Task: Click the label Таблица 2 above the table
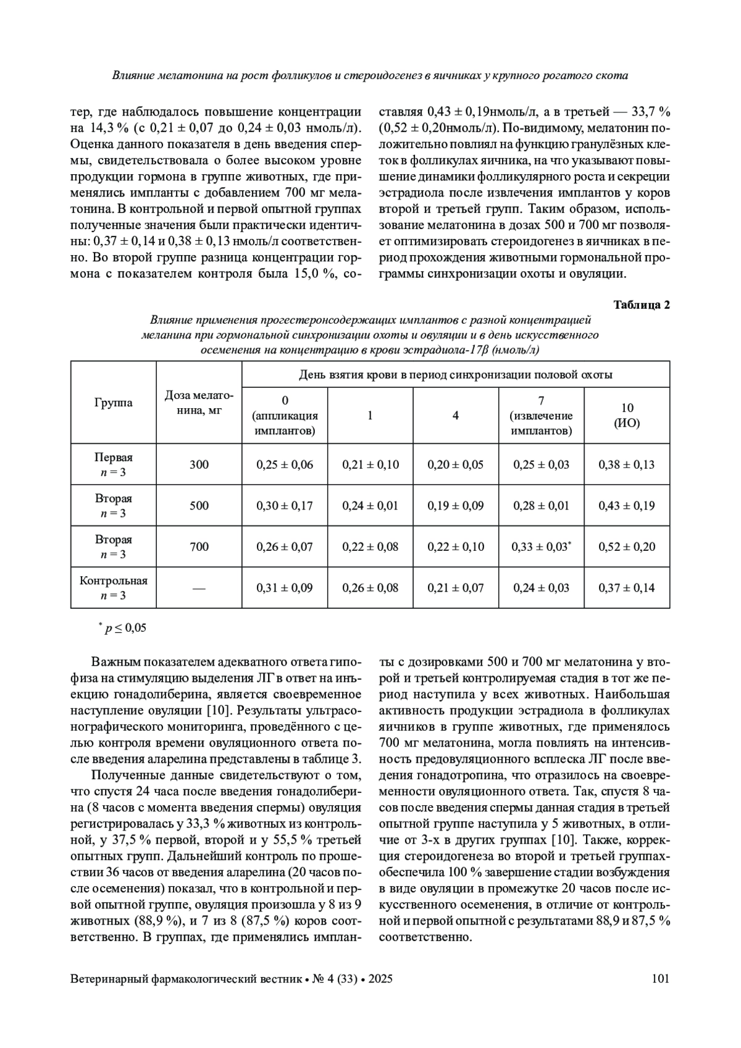641,305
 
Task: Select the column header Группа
113,403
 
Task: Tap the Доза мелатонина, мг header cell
199,403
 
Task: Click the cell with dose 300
199,464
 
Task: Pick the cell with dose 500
199,506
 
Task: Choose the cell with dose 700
199,547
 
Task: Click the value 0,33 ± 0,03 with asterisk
542,547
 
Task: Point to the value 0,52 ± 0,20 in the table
627,547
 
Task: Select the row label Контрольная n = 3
113,588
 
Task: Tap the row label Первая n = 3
113,465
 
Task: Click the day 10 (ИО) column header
627,416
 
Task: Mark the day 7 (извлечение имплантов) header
542,416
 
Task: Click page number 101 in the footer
660,979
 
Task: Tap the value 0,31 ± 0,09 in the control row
285,588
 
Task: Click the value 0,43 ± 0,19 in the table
627,506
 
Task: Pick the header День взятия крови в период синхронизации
456,375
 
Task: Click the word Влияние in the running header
132,76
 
